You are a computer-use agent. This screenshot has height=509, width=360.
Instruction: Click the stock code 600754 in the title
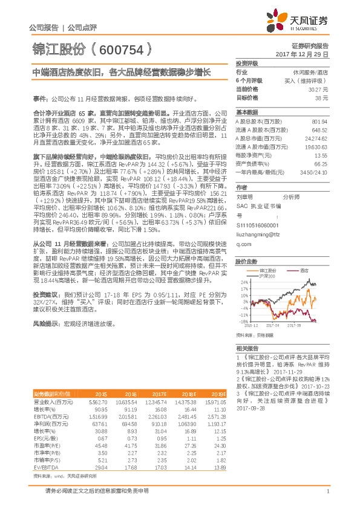pos(121,48)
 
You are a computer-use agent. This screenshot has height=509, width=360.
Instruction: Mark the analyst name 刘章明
pos(244,196)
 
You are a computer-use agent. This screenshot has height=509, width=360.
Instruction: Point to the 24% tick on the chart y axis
pos(243,265)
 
